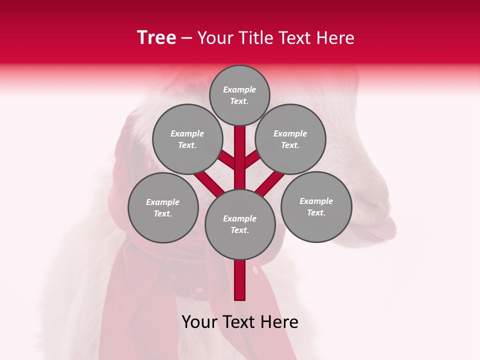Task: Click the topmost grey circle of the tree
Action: [239, 95]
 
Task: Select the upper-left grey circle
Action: [187, 139]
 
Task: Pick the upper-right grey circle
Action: [290, 139]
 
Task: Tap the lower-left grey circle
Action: [163, 207]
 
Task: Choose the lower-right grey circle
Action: [316, 206]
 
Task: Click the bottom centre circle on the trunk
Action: [240, 224]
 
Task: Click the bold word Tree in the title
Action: [156, 37]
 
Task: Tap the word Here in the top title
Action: [335, 37]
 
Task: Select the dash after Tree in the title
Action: [186, 38]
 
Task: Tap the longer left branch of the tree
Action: [209, 182]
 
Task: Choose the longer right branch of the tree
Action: [270, 183]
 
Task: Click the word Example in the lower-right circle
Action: [316, 201]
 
